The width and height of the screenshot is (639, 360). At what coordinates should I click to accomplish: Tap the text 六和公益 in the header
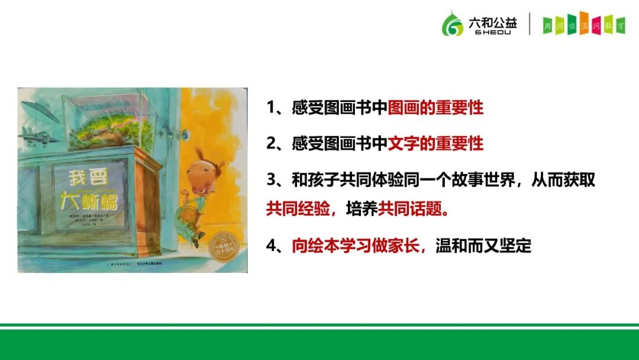492,21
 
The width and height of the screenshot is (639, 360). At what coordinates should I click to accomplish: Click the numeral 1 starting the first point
272,108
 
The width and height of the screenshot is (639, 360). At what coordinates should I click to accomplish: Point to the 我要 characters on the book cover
86,178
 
